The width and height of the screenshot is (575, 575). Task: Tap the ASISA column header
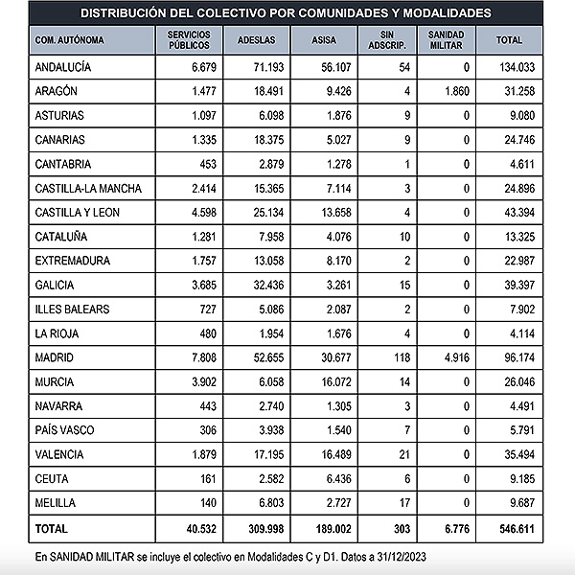point(325,40)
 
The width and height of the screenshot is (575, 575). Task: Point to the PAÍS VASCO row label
point(64,429)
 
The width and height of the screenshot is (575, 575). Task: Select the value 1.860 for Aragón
point(454,91)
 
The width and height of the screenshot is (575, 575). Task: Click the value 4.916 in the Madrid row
point(454,357)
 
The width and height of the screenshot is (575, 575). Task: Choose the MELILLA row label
point(57,502)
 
